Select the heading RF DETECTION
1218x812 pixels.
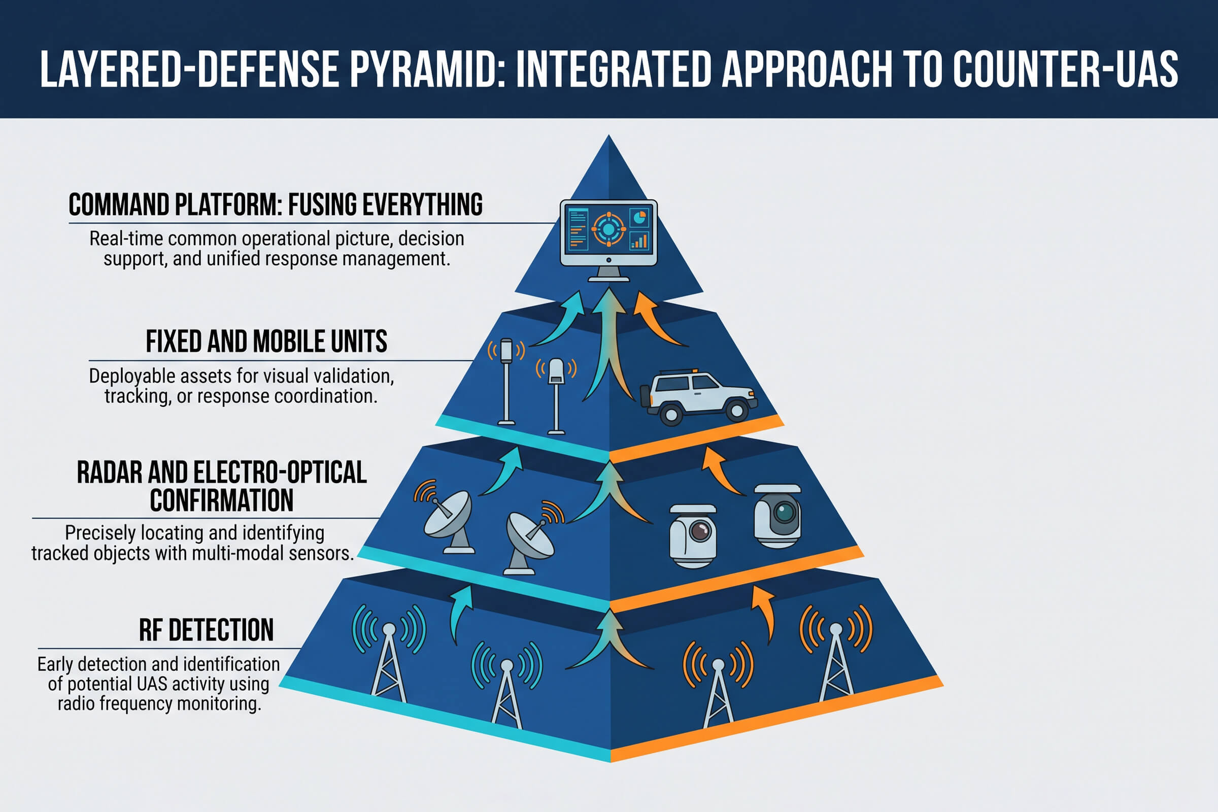pyautogui.click(x=206, y=630)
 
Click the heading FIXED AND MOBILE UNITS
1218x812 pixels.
pyautogui.click(x=266, y=342)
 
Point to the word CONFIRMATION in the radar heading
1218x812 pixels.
pyautogui.click(x=222, y=500)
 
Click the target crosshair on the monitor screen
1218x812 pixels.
pyautogui.click(x=608, y=229)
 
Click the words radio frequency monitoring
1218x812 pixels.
pyautogui.click(x=159, y=704)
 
